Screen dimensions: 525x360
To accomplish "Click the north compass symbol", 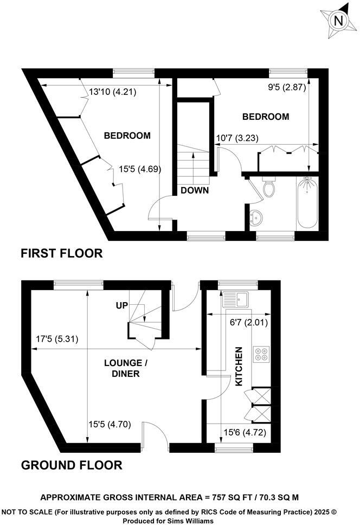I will click(x=339, y=21).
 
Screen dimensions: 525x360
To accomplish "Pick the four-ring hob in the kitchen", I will click(x=261, y=354).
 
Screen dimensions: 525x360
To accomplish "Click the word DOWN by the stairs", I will click(x=195, y=190).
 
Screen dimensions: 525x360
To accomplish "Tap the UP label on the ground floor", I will click(x=121, y=306).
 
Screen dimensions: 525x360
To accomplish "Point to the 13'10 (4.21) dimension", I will click(x=113, y=92).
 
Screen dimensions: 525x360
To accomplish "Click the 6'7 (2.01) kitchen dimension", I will click(x=248, y=322).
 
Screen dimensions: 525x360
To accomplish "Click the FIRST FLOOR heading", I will click(x=61, y=253).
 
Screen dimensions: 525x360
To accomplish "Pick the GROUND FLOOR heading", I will click(x=71, y=465).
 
